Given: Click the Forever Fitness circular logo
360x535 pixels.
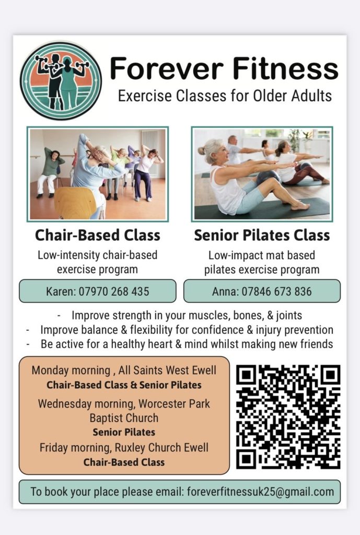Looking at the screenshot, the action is point(61,81).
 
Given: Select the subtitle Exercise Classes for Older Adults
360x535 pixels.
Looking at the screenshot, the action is point(225,96).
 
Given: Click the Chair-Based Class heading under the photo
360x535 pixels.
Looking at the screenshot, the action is point(98,235).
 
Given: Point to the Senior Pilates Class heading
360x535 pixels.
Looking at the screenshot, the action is point(262,235).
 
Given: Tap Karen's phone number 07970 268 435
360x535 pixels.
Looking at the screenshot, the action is point(114,292).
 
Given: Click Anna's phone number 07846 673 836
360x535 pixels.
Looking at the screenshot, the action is point(277,292).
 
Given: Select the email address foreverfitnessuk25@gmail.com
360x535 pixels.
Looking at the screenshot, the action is point(261,492).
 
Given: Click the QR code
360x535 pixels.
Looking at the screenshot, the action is point(288,416).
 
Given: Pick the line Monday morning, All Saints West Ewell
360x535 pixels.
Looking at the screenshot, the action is point(124,370).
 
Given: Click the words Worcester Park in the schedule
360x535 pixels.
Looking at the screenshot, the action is point(174,404).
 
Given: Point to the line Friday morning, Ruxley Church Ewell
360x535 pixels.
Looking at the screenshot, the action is point(124,447).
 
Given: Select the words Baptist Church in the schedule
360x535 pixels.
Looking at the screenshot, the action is point(124,418).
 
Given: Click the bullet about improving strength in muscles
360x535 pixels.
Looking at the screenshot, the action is point(187,315).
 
